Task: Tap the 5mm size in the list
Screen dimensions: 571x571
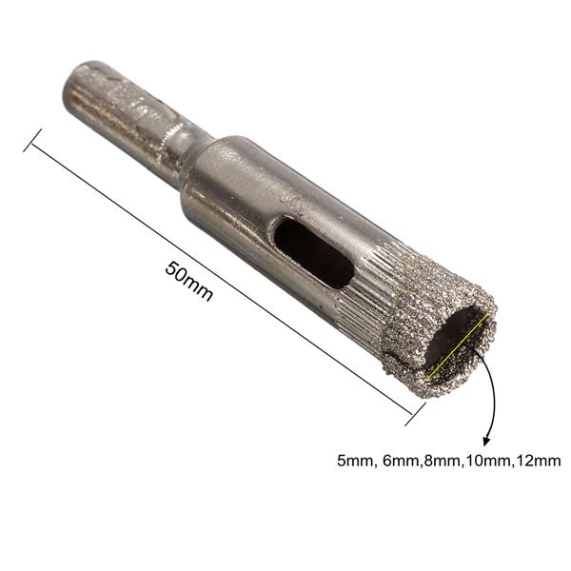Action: (x=354, y=461)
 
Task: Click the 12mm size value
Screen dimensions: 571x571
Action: (x=536, y=461)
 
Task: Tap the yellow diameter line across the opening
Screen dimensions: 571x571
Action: (x=456, y=347)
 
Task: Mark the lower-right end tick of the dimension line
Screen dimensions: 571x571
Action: (x=417, y=413)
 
